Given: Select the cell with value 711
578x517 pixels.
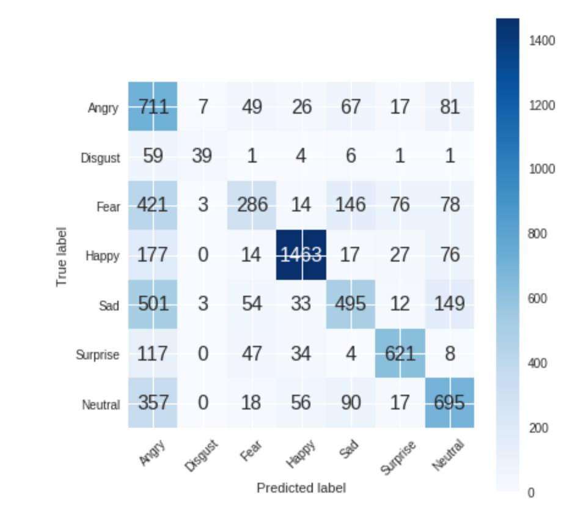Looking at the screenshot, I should pos(153,107).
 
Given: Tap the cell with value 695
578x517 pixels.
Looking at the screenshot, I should pos(450,403).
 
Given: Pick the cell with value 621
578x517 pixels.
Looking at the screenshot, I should pos(400,353).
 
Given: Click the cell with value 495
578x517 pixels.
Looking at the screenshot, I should pos(351,304).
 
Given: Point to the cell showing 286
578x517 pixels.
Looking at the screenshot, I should pos(252,205).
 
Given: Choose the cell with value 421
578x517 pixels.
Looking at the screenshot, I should pos(153,205).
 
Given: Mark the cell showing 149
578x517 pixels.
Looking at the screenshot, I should pos(450,304).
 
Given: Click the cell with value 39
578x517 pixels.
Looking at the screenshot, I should pos(202,156).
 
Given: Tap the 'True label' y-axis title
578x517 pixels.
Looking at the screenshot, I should pos(61,257).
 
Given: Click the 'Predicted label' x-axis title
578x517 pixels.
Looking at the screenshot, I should pos(301,488).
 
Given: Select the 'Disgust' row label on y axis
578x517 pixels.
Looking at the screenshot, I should pos(101,158).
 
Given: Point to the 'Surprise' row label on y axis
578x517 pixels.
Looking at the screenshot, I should pos(98,354).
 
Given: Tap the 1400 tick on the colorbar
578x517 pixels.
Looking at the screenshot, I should pos(542,41).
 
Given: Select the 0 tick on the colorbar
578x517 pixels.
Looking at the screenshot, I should pos(530,493).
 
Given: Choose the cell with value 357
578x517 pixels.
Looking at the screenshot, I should pos(153,403).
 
